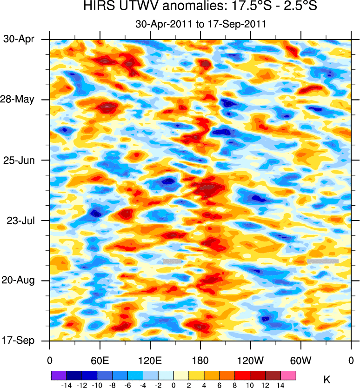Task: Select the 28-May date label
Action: [x=21, y=100]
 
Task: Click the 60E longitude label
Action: [x=100, y=360]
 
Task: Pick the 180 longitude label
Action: [x=200, y=360]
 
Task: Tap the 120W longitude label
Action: [x=251, y=360]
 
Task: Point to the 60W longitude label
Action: [x=301, y=360]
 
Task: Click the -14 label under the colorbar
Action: [x=66, y=385]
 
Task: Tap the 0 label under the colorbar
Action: [x=173, y=385]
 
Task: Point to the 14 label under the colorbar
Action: [x=280, y=385]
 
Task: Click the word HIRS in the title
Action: [x=100, y=7]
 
